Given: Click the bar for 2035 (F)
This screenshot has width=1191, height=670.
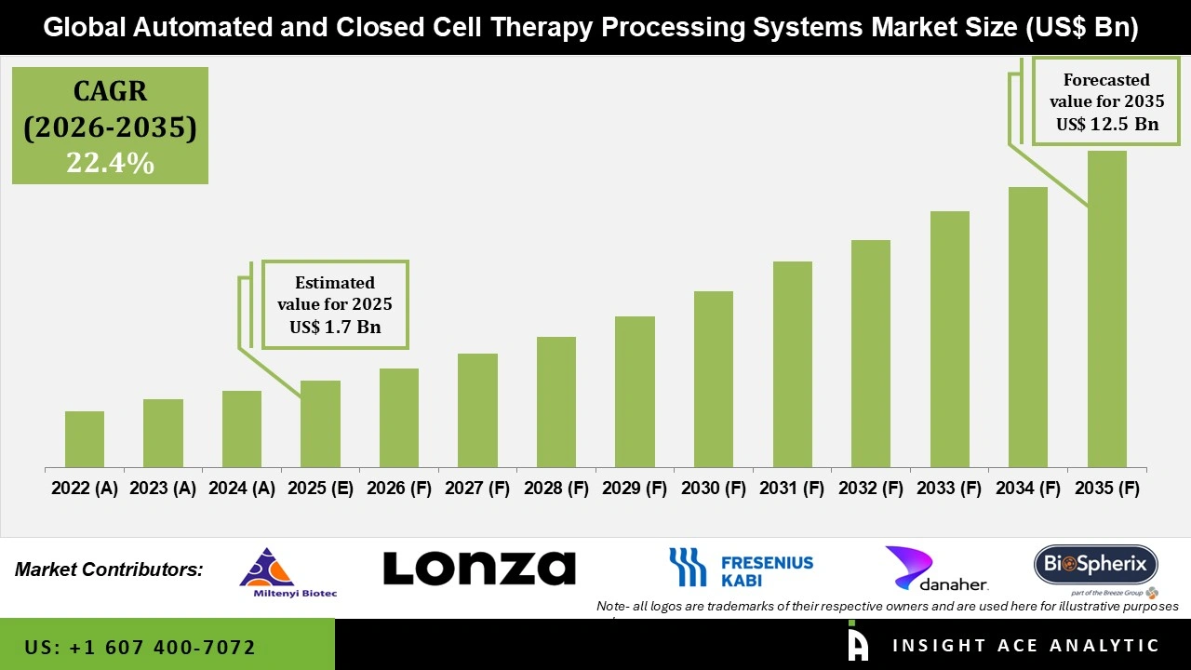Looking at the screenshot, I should point(1106,309).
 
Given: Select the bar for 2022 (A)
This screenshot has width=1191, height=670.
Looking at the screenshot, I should point(85,439).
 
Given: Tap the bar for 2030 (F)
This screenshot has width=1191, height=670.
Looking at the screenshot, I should point(714,379).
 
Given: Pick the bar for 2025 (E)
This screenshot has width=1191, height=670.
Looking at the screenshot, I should point(320,423).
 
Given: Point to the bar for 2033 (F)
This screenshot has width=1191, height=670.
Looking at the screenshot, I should point(949,339).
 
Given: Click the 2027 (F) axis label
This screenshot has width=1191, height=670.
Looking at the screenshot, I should point(477,489).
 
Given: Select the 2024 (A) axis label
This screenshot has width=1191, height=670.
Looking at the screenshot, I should point(242,489).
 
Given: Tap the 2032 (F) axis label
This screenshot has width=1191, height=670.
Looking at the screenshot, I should point(871,489).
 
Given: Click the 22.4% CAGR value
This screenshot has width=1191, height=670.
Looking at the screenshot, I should point(110,163).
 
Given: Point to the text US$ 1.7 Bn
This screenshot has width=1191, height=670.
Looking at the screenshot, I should point(335,327).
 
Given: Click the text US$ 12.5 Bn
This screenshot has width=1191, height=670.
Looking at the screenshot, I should point(1106,124).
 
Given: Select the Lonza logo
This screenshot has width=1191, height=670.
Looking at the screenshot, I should point(479,568).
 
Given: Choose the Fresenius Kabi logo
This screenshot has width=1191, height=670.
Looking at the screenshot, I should point(741,569).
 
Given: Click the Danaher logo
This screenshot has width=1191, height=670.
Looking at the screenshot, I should point(936,569).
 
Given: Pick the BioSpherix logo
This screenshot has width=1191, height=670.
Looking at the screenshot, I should point(1095,566).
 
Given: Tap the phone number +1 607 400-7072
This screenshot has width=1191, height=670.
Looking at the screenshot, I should point(140,647).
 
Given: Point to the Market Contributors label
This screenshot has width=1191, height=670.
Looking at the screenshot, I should point(109,569).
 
